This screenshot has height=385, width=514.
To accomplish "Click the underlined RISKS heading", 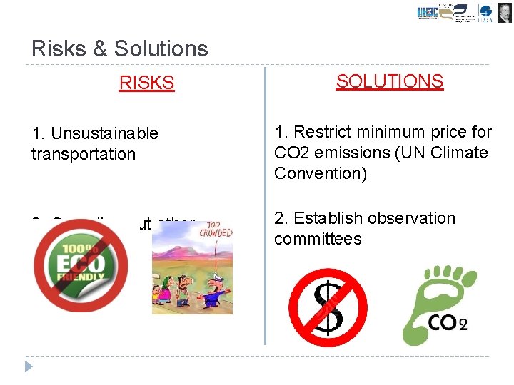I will coord(146,83).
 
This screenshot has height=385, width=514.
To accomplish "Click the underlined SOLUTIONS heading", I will coord(389,81).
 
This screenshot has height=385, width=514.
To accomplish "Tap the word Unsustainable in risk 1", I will coord(104,133).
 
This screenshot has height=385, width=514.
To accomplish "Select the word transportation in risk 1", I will coord(83,154).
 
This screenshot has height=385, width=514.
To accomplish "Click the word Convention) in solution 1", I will coord(320,173).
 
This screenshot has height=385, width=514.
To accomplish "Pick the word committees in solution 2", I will coord(318,239).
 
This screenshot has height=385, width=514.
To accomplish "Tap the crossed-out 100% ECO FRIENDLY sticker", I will coord(81,266).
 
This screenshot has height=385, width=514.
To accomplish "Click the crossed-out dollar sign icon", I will coord(328,307).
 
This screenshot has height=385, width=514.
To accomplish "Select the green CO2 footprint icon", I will coord(436,304).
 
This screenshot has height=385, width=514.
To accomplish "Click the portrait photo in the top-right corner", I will coord(504,13).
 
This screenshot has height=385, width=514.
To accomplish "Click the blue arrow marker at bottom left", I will coord(29,366).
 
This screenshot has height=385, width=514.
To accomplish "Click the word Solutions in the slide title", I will coord(161,48).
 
